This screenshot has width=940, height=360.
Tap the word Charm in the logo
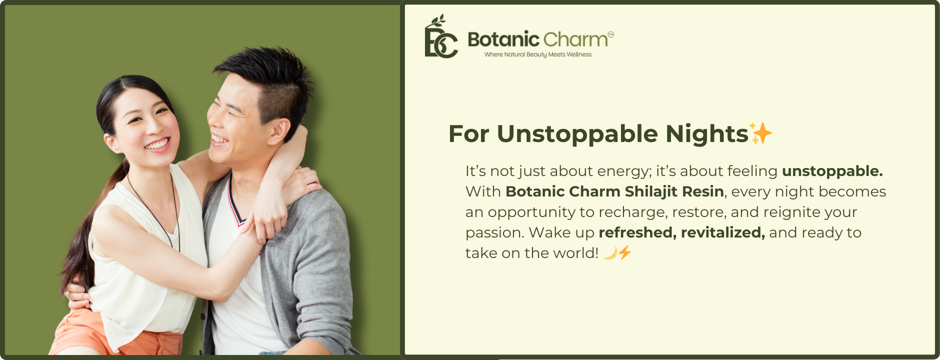click(575, 39)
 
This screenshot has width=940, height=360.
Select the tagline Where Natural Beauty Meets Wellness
click(538, 54)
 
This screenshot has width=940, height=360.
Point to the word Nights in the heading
click(706, 133)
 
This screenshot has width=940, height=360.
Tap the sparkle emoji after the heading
click(760, 133)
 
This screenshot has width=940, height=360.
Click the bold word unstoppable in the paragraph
click(832, 171)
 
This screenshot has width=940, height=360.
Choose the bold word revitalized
click(723, 232)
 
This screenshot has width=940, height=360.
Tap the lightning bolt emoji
click(625, 252)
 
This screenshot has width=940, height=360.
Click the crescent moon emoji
click(610, 253)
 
